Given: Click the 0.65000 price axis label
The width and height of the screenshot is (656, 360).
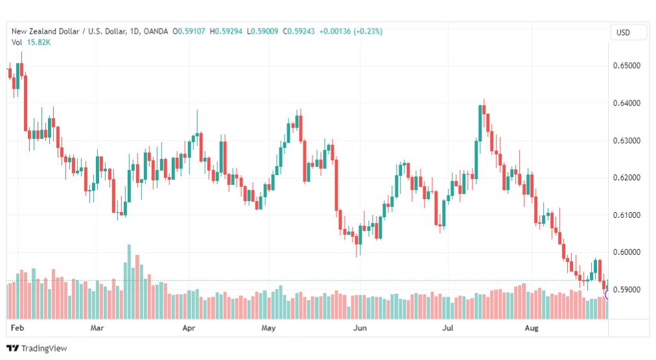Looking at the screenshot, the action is (x=626, y=66).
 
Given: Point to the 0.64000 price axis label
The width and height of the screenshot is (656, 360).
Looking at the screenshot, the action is (x=626, y=103).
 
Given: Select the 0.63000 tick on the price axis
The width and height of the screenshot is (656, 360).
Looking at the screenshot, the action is (x=626, y=141).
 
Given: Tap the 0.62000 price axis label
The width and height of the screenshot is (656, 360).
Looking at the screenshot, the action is (x=626, y=178).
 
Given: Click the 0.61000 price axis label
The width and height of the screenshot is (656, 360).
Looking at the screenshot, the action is (x=626, y=215).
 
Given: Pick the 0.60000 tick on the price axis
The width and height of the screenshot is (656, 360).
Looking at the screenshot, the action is (x=626, y=252).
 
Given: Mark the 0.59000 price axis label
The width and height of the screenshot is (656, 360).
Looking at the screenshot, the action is (x=626, y=290).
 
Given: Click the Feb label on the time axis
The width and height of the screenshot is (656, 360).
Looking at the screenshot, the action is (x=17, y=328).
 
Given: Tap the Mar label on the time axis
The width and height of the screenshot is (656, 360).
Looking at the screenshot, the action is (x=97, y=328).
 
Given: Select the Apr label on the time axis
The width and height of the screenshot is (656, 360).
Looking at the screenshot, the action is (x=189, y=328).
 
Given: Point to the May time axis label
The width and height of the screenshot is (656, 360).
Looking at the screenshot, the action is (x=268, y=328).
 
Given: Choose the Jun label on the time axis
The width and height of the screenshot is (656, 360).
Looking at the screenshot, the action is (x=360, y=328).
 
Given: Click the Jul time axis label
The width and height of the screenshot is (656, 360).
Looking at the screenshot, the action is (x=448, y=328).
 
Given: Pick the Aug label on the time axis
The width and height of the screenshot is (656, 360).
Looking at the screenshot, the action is (x=532, y=328).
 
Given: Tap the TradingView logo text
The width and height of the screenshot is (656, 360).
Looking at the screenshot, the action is (x=44, y=348).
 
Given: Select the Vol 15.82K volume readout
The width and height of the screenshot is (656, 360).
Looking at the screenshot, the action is (x=31, y=42).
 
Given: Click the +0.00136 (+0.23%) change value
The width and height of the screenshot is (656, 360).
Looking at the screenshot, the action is (x=351, y=31).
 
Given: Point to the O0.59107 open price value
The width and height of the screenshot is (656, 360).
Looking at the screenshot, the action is (x=189, y=31).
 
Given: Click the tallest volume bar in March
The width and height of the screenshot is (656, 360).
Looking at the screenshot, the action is (x=129, y=282).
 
